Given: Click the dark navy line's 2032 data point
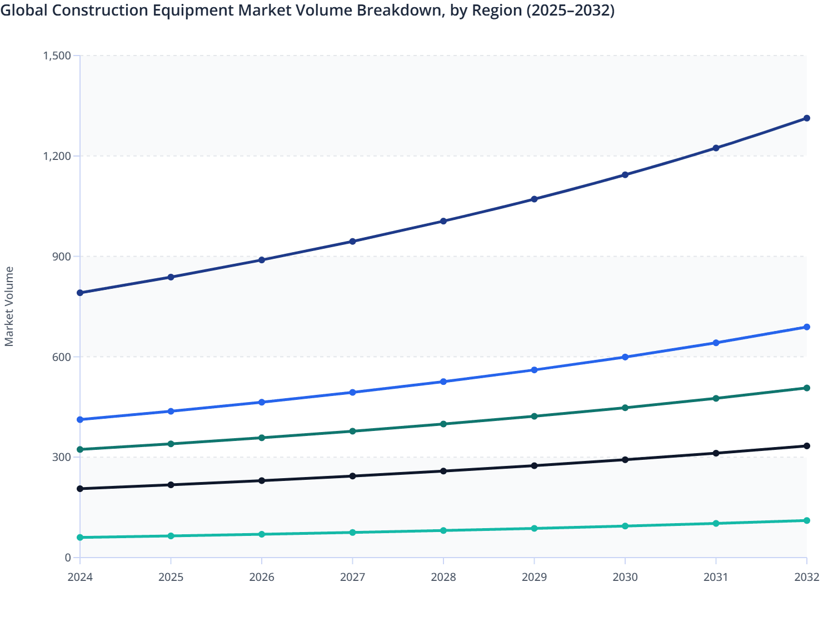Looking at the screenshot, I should pyautogui.click(x=806, y=118).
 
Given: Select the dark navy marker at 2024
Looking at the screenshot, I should pyautogui.click(x=80, y=293).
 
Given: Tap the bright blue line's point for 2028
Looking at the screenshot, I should pyautogui.click(x=443, y=382).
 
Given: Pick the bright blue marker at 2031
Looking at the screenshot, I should pyautogui.click(x=716, y=343).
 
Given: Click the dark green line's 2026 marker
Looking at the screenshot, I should pyautogui.click(x=262, y=438).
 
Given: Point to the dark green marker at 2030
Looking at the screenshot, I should pyautogui.click(x=625, y=408).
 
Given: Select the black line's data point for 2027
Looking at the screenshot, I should pyautogui.click(x=352, y=476).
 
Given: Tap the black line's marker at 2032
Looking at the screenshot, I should pyautogui.click(x=806, y=446).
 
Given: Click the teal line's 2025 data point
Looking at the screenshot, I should pyautogui.click(x=171, y=536).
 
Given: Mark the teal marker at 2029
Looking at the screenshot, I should pyautogui.click(x=534, y=528).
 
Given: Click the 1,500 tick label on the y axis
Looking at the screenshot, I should pyautogui.click(x=57, y=56).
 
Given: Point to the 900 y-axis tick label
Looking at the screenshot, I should pyautogui.click(x=62, y=257).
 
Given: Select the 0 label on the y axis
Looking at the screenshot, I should pyautogui.click(x=68, y=558).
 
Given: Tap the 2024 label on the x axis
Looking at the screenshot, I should pyautogui.click(x=80, y=577).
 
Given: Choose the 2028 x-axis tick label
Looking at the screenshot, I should pyautogui.click(x=443, y=577).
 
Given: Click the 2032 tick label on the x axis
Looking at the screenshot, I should pyautogui.click(x=806, y=577).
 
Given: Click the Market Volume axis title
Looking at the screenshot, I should pyautogui.click(x=9, y=307).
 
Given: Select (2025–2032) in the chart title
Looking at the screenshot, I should pyautogui.click(x=570, y=11).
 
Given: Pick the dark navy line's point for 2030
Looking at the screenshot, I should pyautogui.click(x=625, y=175).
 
